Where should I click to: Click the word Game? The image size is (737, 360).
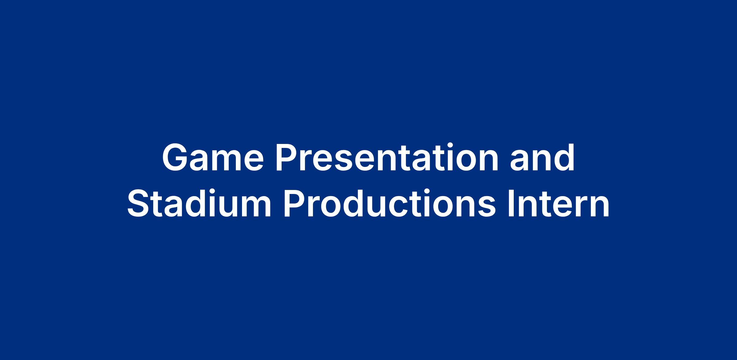tap(213, 157)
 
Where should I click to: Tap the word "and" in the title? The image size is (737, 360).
tap(542, 157)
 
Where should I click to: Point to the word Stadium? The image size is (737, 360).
tap(199, 203)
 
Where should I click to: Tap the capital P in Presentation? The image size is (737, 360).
tap(287, 157)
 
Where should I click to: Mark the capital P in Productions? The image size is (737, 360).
tap(295, 203)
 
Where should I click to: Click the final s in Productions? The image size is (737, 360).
tap(486, 207)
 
